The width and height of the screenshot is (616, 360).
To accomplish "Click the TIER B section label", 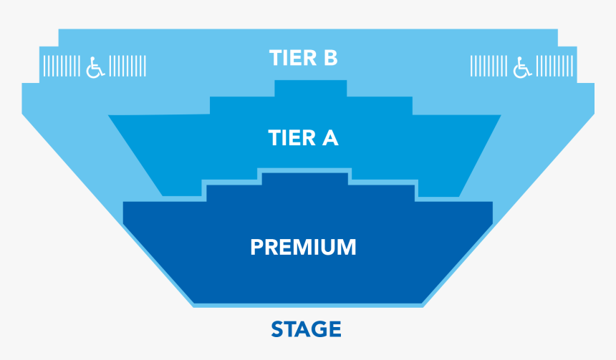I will tap(303, 57).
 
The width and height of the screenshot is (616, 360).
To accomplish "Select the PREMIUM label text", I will tap(303, 247).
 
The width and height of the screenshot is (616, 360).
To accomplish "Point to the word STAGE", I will tap(306, 329).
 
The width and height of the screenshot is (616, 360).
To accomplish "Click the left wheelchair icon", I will tap(95, 67).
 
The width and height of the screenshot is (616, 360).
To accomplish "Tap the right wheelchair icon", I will tap(523, 67).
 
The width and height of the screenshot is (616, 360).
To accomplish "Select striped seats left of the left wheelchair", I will tap(62, 67).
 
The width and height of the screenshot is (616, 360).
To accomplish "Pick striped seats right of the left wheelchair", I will tap(129, 67).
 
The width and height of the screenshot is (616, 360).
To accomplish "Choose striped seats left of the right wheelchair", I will tap(488, 67).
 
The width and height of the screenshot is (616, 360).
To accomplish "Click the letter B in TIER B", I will tap(329, 57).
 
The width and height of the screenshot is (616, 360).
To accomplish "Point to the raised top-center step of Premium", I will tap(304, 177).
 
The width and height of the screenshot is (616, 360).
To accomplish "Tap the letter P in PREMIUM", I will tap(258, 247).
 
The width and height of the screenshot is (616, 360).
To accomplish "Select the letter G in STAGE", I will tap(318, 329).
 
